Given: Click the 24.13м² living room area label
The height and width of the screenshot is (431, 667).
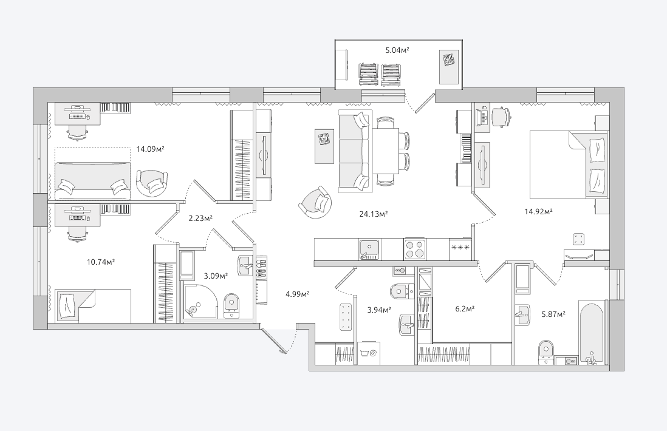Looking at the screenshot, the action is (373, 214).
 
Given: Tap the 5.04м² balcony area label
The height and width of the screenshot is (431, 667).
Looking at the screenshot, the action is (397, 50).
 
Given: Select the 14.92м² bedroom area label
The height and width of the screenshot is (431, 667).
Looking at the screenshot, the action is (538, 211).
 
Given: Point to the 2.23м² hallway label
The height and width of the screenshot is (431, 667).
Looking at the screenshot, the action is (201, 219).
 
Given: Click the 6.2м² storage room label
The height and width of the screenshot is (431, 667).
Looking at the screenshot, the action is (465, 309).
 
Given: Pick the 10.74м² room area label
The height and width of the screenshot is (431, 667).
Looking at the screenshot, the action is (101, 262).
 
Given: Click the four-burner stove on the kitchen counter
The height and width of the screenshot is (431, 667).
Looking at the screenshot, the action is (415, 249).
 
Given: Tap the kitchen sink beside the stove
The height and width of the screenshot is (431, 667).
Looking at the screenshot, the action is (369, 249).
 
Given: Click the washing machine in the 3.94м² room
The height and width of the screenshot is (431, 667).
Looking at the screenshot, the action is (368, 353).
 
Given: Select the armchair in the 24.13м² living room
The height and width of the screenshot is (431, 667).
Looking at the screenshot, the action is (315, 202).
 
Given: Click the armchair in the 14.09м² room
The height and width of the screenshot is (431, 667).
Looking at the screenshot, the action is (152, 183).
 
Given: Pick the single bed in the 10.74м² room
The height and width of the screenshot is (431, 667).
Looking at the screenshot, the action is (93, 305).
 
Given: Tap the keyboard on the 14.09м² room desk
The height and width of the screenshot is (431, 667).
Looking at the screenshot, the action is (77, 115).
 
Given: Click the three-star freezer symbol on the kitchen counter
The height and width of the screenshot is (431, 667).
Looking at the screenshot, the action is (460, 248).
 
